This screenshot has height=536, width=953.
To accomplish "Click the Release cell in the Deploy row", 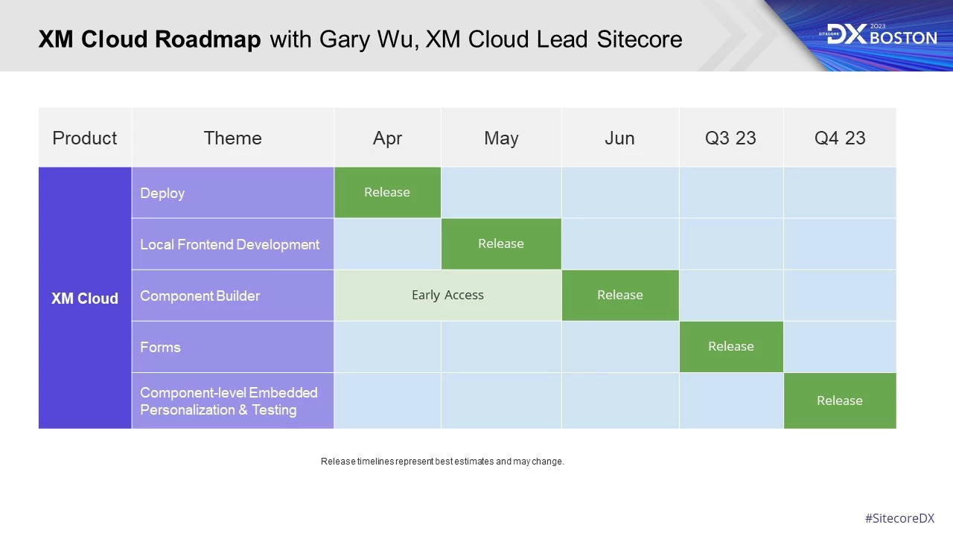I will (387, 192).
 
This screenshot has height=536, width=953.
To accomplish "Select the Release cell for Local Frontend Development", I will (501, 243).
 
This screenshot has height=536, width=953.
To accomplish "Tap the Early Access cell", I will (447, 295).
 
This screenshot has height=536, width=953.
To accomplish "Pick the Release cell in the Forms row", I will (731, 346).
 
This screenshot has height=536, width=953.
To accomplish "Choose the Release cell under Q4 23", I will (840, 401).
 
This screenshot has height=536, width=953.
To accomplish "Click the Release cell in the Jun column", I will (620, 295).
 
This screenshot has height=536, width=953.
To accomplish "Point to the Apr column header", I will (387, 138).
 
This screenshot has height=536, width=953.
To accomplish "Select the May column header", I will (501, 138).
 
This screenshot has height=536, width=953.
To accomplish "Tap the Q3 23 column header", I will (731, 138).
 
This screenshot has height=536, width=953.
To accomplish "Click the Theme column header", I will (232, 138).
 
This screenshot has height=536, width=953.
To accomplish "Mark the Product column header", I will (85, 138).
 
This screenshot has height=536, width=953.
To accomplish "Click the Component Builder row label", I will (200, 296).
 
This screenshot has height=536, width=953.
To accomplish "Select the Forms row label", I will (160, 347).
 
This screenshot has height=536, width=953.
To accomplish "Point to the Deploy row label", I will (162, 193).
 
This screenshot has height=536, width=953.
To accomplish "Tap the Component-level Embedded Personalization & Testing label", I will (229, 401).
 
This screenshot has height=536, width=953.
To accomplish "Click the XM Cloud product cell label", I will (85, 299).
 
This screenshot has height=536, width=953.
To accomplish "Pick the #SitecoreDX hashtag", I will (899, 518).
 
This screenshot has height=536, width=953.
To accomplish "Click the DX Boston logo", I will (882, 34).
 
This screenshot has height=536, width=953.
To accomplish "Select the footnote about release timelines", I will (442, 462).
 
